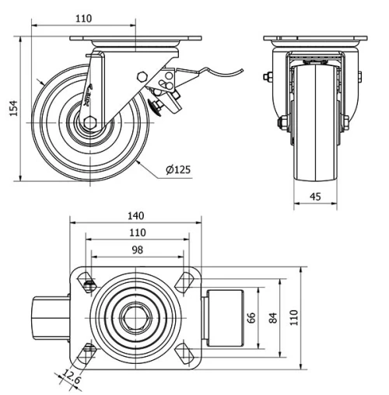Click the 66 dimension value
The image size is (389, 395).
coord(251,318)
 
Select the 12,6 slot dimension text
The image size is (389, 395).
coord(71,380)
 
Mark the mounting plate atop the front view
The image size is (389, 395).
coord(314,40)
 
